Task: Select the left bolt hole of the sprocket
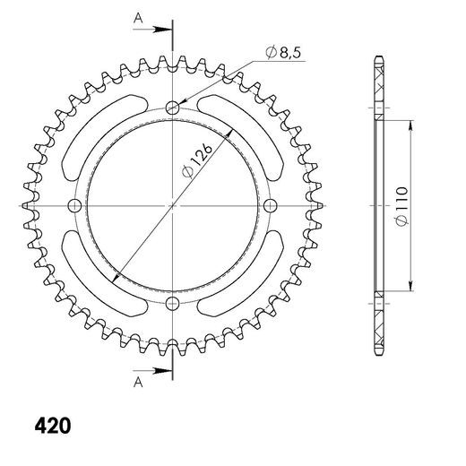75,206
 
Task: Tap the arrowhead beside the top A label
164,30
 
